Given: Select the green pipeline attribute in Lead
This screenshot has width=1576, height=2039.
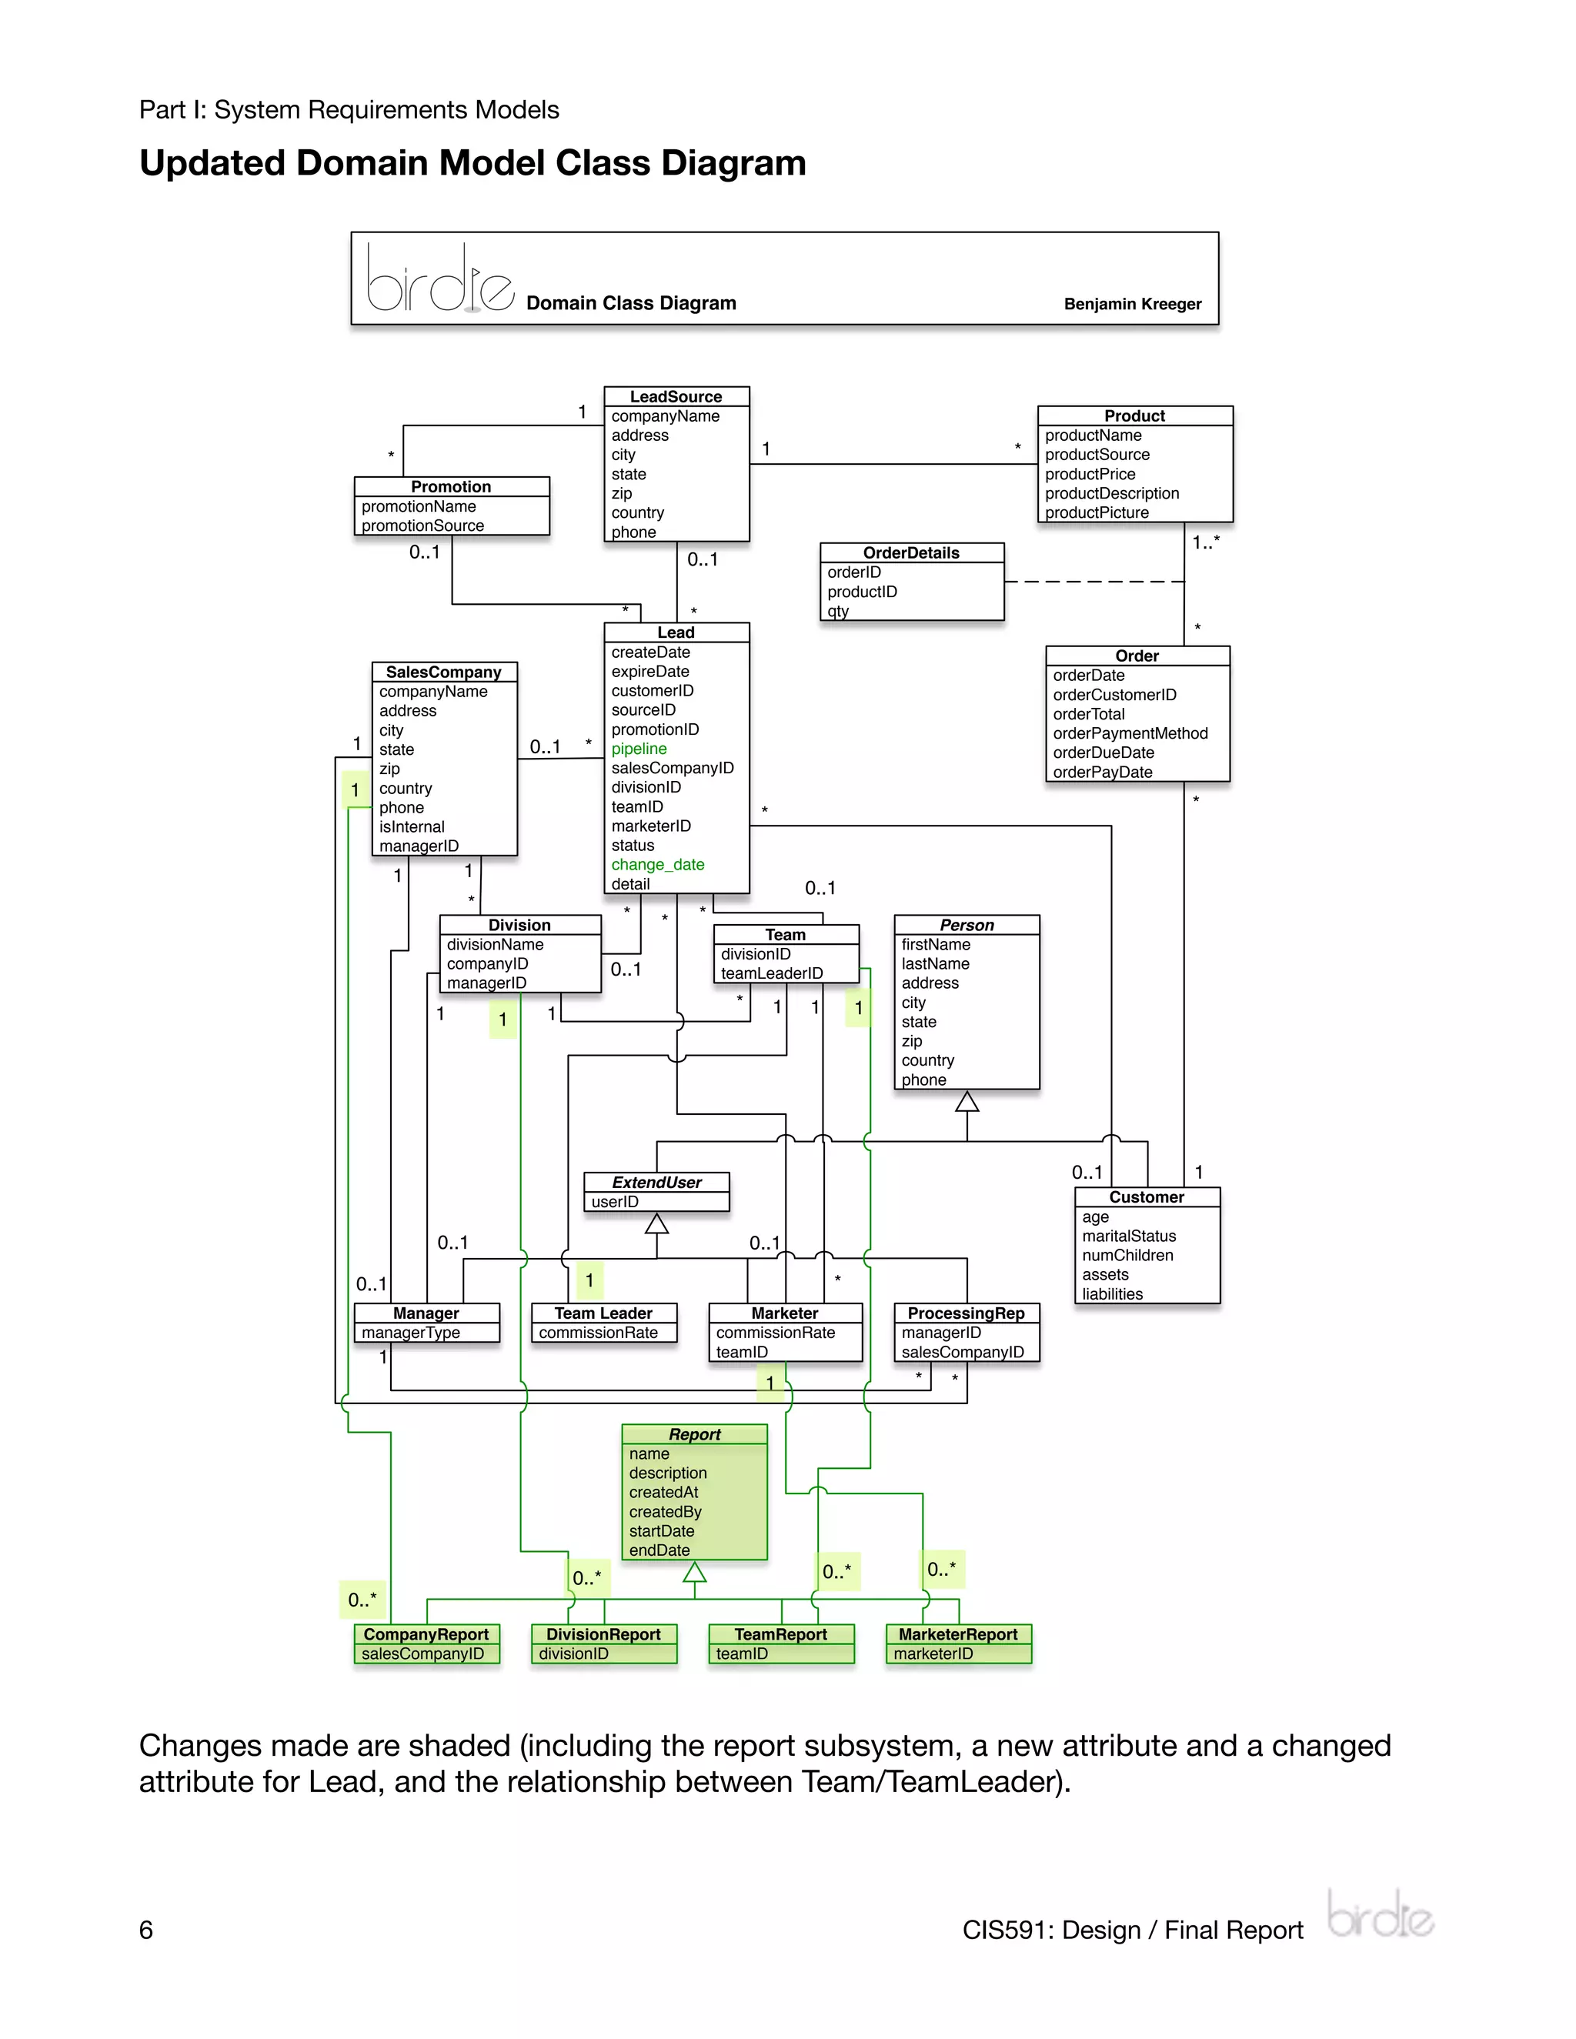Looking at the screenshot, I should (639, 749).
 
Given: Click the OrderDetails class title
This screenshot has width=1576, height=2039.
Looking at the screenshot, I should (910, 552).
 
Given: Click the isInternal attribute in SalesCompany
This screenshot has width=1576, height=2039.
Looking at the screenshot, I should (411, 827).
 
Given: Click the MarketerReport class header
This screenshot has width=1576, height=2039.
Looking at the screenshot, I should (957, 1634).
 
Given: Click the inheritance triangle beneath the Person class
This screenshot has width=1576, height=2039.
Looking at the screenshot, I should (967, 1103).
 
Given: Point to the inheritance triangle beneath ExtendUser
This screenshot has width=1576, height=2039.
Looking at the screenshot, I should (656, 1223).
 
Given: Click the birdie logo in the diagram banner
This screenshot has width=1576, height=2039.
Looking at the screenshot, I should (439, 279).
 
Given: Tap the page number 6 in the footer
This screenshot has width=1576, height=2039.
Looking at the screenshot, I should (145, 1930).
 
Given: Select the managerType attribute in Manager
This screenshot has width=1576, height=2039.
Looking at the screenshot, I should (410, 1332).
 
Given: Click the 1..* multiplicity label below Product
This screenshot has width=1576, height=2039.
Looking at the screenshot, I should (1205, 542).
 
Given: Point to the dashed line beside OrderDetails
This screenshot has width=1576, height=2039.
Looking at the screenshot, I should (1093, 582).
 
